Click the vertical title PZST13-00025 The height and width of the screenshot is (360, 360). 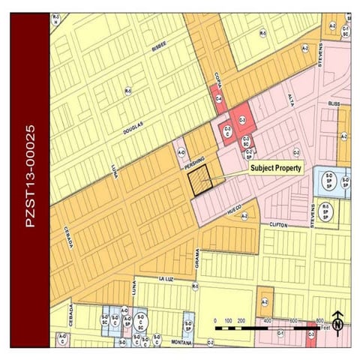[x=29, y=180]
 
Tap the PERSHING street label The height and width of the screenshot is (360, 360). [x=197, y=160]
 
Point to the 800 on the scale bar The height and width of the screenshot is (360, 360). [x=319, y=320]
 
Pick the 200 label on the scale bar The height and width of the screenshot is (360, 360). [x=241, y=320]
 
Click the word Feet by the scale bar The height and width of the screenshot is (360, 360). [x=324, y=328]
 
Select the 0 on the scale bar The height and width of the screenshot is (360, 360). [x=215, y=320]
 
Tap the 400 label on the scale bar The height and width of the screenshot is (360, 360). [x=267, y=320]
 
